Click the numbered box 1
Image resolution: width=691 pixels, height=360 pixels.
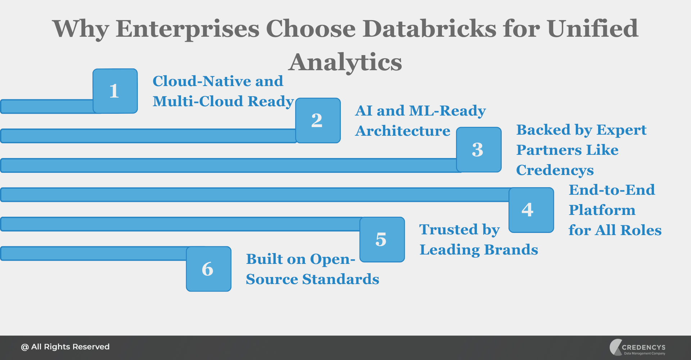click(x=115, y=91)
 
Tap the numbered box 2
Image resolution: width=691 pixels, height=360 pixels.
click(x=318, y=120)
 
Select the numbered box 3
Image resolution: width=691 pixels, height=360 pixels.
click(x=479, y=149)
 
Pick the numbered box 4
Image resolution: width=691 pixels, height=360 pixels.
click(x=531, y=210)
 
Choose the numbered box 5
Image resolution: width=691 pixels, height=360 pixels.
click(x=382, y=239)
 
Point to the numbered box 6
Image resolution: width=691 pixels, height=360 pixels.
click(x=208, y=269)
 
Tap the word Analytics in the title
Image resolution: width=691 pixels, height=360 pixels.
click(x=345, y=62)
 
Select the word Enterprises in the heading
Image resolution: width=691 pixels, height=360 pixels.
click(x=188, y=29)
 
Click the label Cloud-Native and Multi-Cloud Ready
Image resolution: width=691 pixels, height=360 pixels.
click(x=223, y=91)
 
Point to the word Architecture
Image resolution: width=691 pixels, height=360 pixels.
click(x=403, y=131)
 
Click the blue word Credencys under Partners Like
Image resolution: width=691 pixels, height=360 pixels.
click(x=555, y=170)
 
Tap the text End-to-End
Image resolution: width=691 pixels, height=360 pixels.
click(x=611, y=190)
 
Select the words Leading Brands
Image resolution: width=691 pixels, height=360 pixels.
click(x=479, y=250)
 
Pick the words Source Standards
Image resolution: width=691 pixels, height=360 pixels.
click(x=312, y=279)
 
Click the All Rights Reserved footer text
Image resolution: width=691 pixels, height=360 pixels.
click(x=65, y=347)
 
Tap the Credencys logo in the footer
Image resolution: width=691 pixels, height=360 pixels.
click(x=637, y=347)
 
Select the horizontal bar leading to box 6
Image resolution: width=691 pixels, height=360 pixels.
click(x=94, y=253)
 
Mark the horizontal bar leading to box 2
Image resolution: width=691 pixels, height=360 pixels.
click(x=148, y=136)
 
